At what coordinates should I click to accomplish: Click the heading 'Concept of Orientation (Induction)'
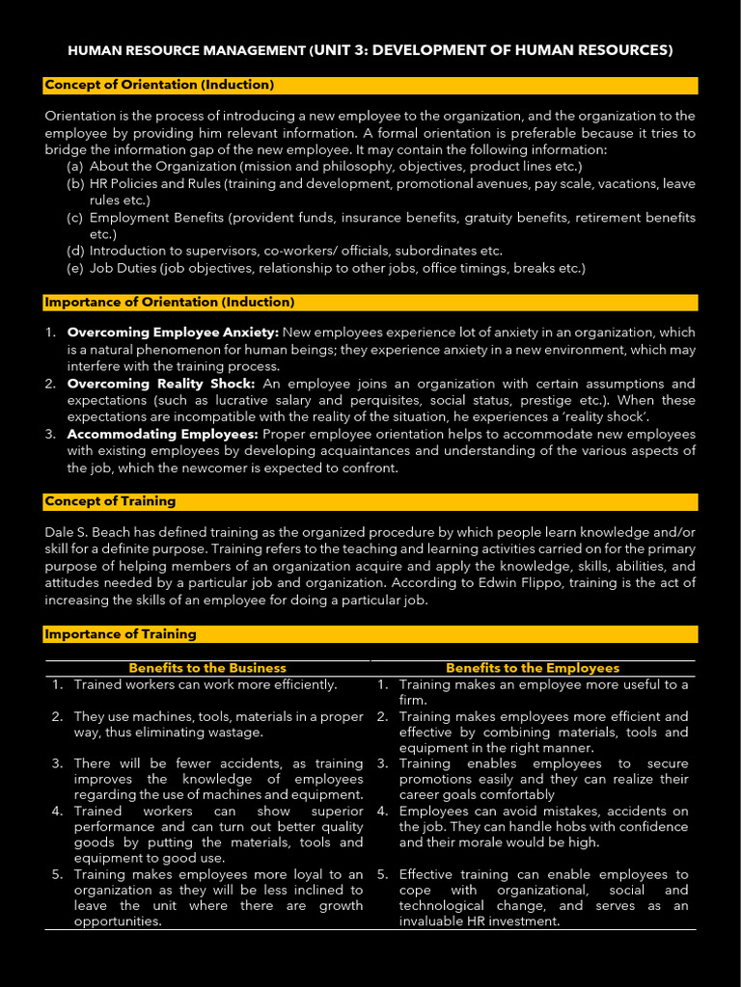pyautogui.click(x=159, y=85)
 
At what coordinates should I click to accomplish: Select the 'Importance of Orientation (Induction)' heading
pyautogui.click(x=169, y=302)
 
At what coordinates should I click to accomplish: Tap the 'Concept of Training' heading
pyautogui.click(x=110, y=501)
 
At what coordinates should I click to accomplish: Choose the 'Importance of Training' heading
pyautogui.click(x=121, y=634)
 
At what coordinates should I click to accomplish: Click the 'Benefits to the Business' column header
pyautogui.click(x=207, y=668)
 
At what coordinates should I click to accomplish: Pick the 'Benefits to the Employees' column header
pyautogui.click(x=533, y=668)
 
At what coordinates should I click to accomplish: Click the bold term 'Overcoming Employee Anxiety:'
pyautogui.click(x=173, y=332)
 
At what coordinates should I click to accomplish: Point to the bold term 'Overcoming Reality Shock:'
pyautogui.click(x=161, y=384)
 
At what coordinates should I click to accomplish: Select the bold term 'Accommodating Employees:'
pyautogui.click(x=162, y=435)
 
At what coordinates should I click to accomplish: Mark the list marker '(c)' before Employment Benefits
pyautogui.click(x=74, y=218)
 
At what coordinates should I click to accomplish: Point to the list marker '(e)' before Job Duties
pyautogui.click(x=74, y=268)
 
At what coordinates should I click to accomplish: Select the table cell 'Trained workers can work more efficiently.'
pyautogui.click(x=206, y=684)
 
